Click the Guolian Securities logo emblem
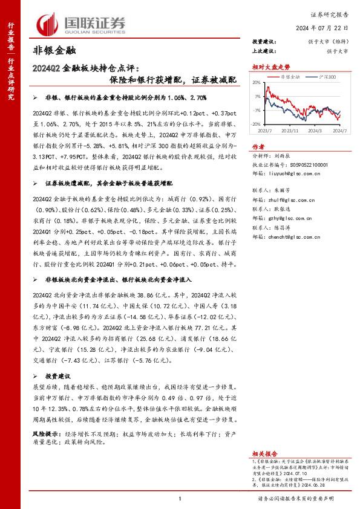pyautogui.click(x=49, y=24)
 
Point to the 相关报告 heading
pyautogui.click(x=265, y=453)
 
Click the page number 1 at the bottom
pyautogui.click(x=180, y=498)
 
